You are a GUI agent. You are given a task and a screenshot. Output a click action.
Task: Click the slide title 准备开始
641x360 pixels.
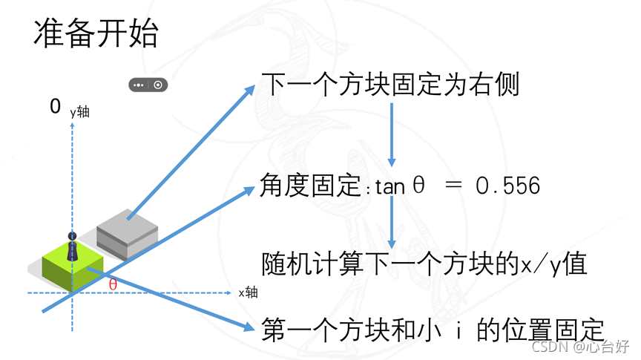click(96, 33)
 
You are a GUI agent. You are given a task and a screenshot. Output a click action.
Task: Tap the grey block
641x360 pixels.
click(127, 229)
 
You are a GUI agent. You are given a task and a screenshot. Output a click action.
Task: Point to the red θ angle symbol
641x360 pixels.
click(113, 284)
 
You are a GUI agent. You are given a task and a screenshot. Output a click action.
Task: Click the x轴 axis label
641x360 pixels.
click(248, 292)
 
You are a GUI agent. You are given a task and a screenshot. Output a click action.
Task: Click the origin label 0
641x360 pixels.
click(55, 107)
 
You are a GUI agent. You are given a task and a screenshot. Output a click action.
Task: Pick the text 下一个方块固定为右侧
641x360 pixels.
click(390, 85)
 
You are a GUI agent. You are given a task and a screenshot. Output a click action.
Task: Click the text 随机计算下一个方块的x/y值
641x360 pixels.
click(424, 265)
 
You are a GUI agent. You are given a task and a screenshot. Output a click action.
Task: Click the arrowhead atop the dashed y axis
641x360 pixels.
click(72, 125)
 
